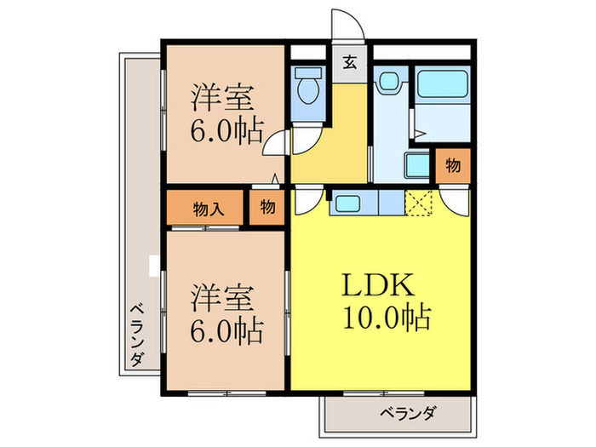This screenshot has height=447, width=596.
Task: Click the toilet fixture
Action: tap(308, 85)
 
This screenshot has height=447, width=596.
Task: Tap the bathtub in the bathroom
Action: tap(442, 83)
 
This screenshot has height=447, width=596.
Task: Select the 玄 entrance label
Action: tap(349, 62)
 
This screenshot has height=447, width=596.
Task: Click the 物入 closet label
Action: tap(208, 209)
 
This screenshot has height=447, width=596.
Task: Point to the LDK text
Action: tap(378, 284)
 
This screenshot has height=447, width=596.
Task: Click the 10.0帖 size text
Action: tap(387, 317)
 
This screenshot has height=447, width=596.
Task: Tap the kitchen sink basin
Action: tap(347, 203)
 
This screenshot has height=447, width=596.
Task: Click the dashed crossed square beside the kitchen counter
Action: tap(418, 203)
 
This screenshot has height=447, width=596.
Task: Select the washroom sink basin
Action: tap(388, 82)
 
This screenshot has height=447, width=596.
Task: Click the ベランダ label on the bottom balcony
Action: tap(408, 413)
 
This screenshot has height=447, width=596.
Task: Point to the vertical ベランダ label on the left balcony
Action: tap(137, 335)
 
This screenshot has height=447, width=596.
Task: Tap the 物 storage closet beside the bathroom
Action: tap(453, 166)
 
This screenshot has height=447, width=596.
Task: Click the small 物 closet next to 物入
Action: tap(267, 208)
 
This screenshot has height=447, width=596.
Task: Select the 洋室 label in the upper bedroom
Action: tap(222, 98)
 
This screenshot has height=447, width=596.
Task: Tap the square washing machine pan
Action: tap(417, 165)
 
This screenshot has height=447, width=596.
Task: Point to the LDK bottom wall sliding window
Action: tap(383, 393)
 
